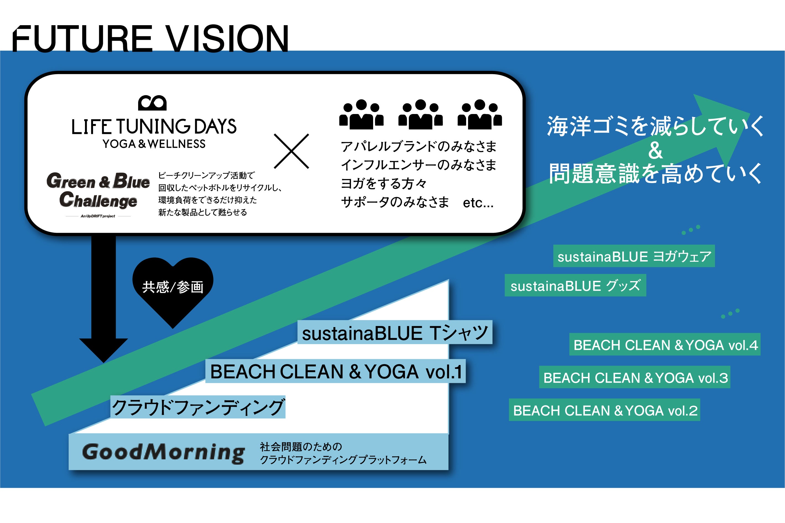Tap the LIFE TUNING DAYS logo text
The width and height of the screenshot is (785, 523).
point(154,127)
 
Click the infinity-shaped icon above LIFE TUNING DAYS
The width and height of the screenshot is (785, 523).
point(152,103)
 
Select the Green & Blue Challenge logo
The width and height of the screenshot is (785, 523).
point(98,191)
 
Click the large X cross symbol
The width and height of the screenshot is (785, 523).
point(291,151)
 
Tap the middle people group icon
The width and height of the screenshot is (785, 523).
point(420,114)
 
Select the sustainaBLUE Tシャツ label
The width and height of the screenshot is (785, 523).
point(395,333)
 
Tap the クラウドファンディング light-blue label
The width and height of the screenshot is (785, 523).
point(198,407)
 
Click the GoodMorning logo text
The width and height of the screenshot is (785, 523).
point(164,453)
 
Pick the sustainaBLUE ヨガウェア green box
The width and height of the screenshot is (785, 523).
point(634,256)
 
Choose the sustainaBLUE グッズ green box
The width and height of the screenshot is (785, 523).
point(575,286)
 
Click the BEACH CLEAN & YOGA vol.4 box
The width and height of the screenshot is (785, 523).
point(665,345)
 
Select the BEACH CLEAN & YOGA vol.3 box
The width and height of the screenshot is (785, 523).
point(634,377)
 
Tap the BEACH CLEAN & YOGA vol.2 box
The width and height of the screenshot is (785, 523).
point(605,410)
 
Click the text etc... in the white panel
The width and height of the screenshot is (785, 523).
point(478,203)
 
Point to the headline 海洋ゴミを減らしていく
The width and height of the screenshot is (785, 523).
point(655,126)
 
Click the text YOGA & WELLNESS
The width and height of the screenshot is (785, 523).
point(154,144)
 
